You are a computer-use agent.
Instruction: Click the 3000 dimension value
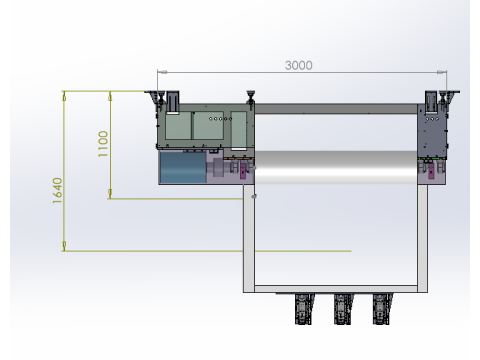pyautogui.click(x=299, y=65)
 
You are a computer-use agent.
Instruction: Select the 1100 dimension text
pyautogui.click(x=103, y=144)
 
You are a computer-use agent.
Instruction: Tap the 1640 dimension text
pyautogui.click(x=57, y=191)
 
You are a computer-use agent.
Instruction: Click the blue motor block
pyautogui.click(x=183, y=168)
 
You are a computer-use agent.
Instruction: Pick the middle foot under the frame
pyautogui.click(x=342, y=309)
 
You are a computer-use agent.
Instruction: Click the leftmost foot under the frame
pyautogui.click(x=304, y=309)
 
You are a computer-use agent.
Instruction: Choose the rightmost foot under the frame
pyautogui.click(x=381, y=309)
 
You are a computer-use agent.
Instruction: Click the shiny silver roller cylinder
pyautogui.click(x=336, y=167)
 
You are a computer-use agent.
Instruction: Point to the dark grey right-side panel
pyautogui.click(x=432, y=130)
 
